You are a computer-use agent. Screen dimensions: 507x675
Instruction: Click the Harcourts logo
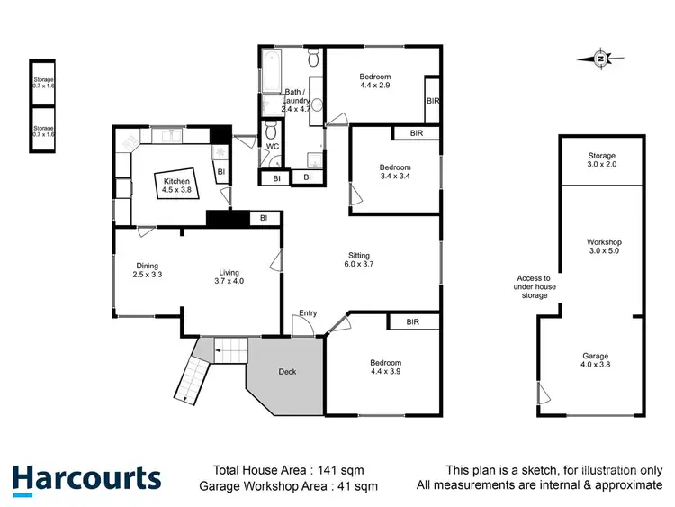click(85, 477)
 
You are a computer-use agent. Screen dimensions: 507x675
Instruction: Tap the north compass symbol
click(601, 59)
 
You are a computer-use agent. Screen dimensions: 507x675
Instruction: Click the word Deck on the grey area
click(287, 371)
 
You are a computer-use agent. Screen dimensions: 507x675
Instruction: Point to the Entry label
click(308, 313)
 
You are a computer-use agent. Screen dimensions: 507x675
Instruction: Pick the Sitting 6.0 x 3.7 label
click(357, 259)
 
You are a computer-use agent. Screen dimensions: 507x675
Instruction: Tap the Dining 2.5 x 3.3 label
click(148, 270)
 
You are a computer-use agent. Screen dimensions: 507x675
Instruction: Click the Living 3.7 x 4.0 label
click(229, 276)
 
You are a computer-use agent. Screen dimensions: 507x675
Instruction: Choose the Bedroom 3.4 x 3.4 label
click(394, 172)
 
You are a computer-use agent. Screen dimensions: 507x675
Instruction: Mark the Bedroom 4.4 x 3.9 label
click(388, 367)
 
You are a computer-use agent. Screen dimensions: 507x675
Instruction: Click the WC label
click(272, 146)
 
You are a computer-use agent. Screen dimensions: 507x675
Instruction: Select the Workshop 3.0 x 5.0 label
click(604, 247)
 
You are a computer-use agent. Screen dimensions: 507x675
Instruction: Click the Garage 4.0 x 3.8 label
click(595, 360)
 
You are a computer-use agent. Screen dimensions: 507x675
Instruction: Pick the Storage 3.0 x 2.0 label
click(602, 161)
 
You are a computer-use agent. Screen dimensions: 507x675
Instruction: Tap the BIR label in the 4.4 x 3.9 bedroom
click(413, 321)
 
